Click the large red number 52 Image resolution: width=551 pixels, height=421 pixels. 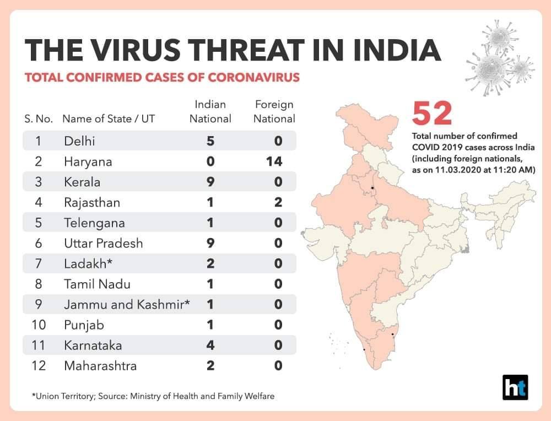pyautogui.click(x=432, y=113)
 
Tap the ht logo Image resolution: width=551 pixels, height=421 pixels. pyautogui.click(x=515, y=387)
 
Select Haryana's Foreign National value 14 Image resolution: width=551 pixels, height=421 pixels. pyautogui.click(x=274, y=161)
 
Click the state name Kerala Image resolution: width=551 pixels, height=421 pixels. pyautogui.click(x=82, y=182)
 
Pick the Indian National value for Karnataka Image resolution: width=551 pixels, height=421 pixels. pyautogui.click(x=210, y=345)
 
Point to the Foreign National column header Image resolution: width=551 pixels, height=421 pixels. pyautogui.click(x=274, y=111)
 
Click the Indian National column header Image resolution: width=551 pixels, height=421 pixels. pyautogui.click(x=210, y=111)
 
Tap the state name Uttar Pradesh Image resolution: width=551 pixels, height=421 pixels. pyautogui.click(x=104, y=243)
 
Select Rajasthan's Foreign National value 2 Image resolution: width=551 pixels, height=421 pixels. pyautogui.click(x=278, y=202)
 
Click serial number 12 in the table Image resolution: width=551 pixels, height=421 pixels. pyautogui.click(x=39, y=366)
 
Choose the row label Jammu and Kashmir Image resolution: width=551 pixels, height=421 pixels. pyautogui.click(x=127, y=304)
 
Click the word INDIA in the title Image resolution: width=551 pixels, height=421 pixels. pyautogui.click(x=397, y=50)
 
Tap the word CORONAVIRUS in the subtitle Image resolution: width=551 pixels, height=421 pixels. pyautogui.click(x=253, y=77)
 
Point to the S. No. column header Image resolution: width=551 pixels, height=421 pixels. pyautogui.click(x=39, y=119)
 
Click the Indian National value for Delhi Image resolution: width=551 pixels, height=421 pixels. pyautogui.click(x=210, y=141)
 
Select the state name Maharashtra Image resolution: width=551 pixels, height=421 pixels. pyautogui.click(x=100, y=366)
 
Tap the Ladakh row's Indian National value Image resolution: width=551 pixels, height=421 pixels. pyautogui.click(x=210, y=263)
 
